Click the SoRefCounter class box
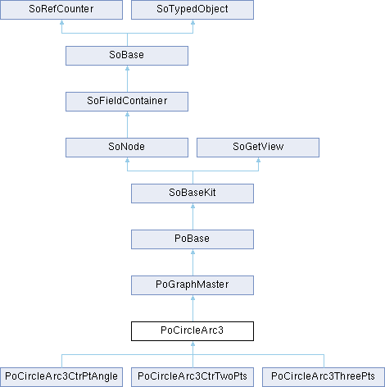tap(61, 10)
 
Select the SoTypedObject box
tap(192, 10)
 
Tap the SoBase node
tap(127, 56)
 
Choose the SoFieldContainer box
tap(127, 102)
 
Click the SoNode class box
tap(127, 148)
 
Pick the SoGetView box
tap(258, 148)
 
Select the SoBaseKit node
tap(192, 193)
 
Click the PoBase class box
tap(192, 239)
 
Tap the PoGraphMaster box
tap(192, 285)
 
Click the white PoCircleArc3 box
tap(192, 331)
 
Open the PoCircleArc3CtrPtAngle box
tap(61, 377)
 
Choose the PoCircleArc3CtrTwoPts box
tap(192, 377)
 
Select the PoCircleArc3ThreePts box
tap(324, 377)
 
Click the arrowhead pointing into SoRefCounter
tap(62, 22)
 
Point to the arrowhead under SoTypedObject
tap(193, 22)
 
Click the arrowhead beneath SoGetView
tap(259, 160)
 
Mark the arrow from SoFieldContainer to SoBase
tap(127, 79)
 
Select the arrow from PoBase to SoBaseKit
tap(192, 216)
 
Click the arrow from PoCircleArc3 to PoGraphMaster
tap(192, 308)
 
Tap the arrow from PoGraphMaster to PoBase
tap(192, 262)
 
